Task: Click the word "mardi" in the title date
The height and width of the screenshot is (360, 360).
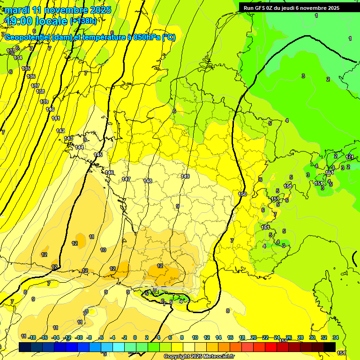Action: click(16, 10)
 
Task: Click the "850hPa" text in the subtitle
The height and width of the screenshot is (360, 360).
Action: click(147, 37)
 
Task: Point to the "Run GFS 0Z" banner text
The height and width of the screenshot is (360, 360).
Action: click(262, 8)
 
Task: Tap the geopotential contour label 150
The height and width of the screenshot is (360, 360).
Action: click(242, 194)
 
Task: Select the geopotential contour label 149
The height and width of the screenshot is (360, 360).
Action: click(185, 176)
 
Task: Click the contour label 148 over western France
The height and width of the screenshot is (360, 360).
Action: click(148, 181)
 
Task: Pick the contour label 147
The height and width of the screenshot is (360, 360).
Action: click(126, 179)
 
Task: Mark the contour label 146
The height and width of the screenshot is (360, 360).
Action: click(109, 172)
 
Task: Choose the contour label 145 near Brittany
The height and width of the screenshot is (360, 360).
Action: click(98, 155)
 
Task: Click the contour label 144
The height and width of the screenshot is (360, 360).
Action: click(79, 147)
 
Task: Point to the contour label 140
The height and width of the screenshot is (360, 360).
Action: click(50, 109)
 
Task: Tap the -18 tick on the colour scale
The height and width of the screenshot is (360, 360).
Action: click(32, 337)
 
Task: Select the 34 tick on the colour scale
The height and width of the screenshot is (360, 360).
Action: click(335, 337)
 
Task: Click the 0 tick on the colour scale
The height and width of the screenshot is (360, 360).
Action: click(135, 337)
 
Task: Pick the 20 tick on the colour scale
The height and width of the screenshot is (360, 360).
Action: click(254, 337)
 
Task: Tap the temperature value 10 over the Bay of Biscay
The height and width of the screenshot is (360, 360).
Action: click(103, 250)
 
